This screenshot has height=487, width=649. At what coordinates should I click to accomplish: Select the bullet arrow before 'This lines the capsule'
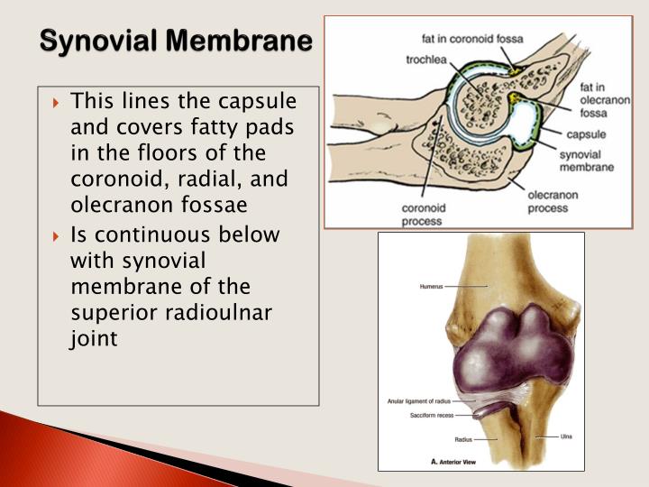pos(57,100)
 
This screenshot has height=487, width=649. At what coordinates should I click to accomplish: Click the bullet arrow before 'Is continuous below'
pos(57,235)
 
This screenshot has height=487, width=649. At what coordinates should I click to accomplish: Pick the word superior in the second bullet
pos(107,313)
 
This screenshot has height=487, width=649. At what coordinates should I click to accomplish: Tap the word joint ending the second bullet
pos(93,339)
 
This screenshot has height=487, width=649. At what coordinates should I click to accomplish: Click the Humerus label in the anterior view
pos(433,287)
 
